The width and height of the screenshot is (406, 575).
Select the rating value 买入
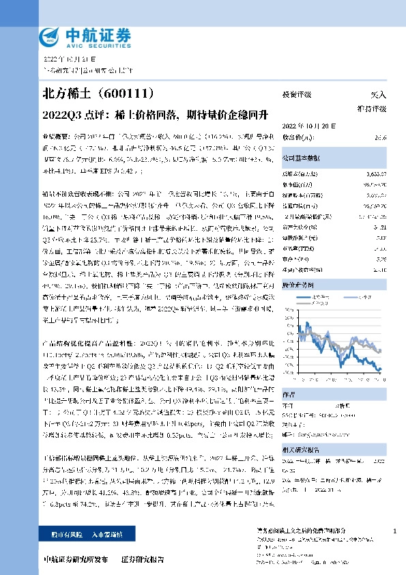(378, 96)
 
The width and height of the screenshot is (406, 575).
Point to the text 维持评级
(372, 109)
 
